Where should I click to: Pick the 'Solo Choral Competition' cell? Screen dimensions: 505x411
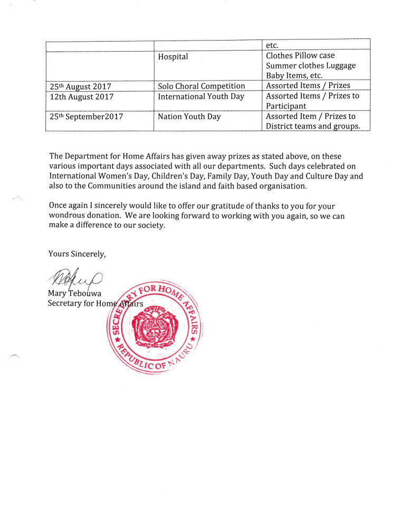point(202,86)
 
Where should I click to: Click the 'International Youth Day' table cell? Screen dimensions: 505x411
point(201,97)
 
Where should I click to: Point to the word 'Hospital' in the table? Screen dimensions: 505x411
point(173,57)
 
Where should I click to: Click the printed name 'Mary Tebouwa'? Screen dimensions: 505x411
point(75,293)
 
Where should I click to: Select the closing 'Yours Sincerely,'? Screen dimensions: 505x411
point(78,254)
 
